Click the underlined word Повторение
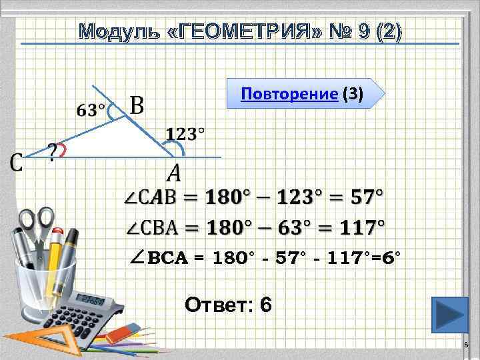[289, 94]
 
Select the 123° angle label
[185, 133]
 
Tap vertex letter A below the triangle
[173, 174]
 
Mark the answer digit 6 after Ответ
[266, 305]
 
